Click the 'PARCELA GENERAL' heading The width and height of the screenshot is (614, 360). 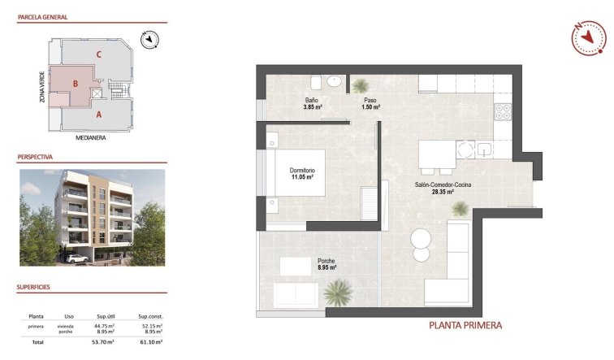point(43,17)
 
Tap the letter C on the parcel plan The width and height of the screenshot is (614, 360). point(98,54)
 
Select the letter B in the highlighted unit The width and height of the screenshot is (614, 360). point(76,83)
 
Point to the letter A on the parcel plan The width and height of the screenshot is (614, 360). point(98,115)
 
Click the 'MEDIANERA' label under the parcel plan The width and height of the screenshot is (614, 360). point(91,138)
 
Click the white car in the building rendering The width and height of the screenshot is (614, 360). point(77,259)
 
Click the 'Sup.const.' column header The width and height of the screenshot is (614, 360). point(150,316)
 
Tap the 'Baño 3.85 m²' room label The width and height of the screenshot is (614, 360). point(313,103)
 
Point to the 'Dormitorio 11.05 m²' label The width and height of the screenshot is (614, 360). point(301,172)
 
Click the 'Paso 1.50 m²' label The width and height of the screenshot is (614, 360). point(370,103)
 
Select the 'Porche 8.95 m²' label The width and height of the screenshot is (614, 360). point(326,264)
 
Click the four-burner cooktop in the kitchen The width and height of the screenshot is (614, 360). point(503,111)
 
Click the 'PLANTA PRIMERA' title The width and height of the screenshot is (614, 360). point(465,326)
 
